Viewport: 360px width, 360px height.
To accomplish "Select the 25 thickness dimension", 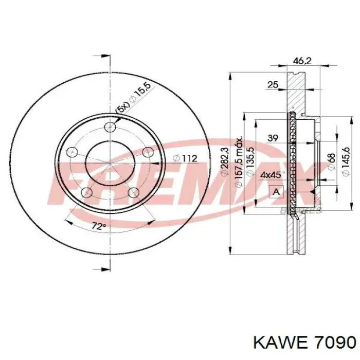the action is (273, 85).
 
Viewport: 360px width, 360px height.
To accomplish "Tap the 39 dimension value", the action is (273, 138).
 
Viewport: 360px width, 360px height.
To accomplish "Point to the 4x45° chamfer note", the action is (273, 175).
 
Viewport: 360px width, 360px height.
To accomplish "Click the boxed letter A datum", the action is (276, 192).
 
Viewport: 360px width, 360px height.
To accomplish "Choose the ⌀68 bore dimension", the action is (332, 161).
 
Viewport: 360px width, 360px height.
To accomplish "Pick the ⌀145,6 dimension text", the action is (346, 161).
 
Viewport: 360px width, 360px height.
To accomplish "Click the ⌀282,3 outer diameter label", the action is (225, 161).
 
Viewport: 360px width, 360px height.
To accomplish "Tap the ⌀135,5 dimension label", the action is (250, 161).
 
